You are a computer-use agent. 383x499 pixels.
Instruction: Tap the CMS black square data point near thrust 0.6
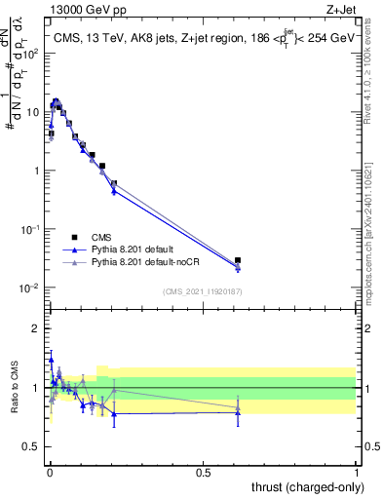238,260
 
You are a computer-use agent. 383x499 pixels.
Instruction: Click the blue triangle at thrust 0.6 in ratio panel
238,413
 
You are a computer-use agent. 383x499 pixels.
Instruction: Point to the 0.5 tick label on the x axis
203,472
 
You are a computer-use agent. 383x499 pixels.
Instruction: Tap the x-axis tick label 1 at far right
357,472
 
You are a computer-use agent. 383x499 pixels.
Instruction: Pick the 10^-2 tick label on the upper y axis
32,288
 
